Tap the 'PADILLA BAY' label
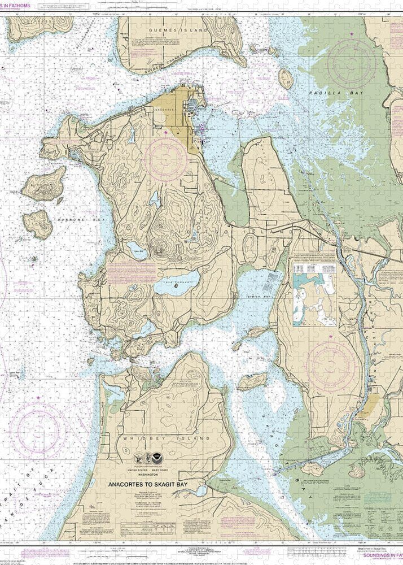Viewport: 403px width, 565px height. tap(327, 92)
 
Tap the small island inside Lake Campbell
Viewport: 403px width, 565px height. tap(177, 286)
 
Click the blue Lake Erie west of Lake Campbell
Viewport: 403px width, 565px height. tap(137, 247)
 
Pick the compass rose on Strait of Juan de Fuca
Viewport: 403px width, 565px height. tap(41, 429)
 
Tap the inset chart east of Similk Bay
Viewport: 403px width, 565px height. tap(315, 292)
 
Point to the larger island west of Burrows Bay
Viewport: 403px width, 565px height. tap(45, 184)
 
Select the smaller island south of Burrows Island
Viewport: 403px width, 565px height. tap(38, 223)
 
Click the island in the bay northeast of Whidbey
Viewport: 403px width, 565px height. tap(252, 382)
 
